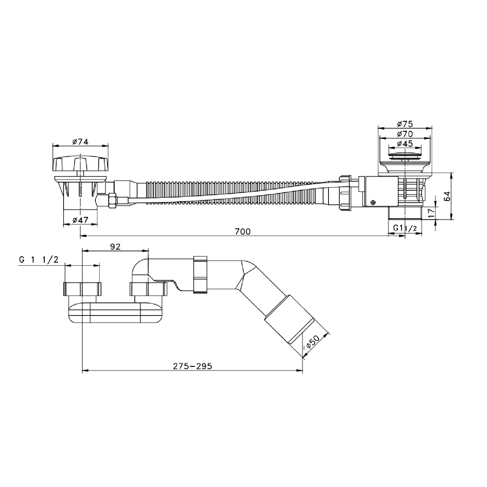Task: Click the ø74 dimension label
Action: pyautogui.click(x=81, y=142)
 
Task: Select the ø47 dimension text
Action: pyautogui.click(x=81, y=220)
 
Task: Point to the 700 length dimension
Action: pyautogui.click(x=243, y=231)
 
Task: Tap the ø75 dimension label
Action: pyautogui.click(x=405, y=124)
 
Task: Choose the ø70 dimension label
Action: pyautogui.click(x=405, y=133)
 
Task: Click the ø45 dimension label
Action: pyautogui.click(x=405, y=143)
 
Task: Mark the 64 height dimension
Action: pyautogui.click(x=447, y=196)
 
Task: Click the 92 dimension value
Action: pyautogui.click(x=115, y=246)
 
